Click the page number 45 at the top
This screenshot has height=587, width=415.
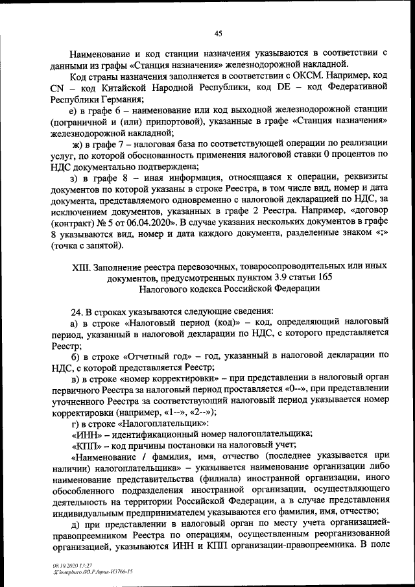coord(218,34)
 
